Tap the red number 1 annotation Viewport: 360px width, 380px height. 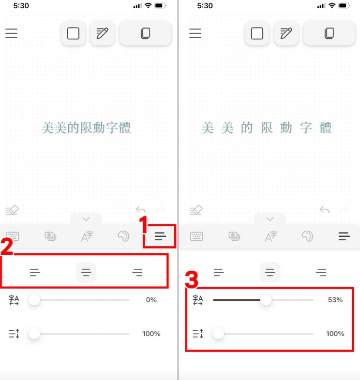point(144,224)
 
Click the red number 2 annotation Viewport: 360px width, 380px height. point(7,247)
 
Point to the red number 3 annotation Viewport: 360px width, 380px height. point(192,280)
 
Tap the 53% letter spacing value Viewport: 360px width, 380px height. point(335,300)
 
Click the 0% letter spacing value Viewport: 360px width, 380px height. point(151,300)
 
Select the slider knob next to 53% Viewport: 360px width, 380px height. point(266,300)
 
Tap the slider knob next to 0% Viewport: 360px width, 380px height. point(34,300)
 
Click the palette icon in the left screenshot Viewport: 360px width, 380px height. point(123,236)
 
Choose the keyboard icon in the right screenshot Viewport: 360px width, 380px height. point(196,236)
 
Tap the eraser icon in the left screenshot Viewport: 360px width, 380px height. point(12,210)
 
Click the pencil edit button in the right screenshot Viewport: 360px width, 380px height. point(286,33)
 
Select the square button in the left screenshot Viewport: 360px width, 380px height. point(73,33)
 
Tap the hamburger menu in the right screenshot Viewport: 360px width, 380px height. point(195,33)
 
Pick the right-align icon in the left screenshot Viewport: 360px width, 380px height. point(137,272)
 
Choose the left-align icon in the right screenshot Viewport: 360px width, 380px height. point(219,272)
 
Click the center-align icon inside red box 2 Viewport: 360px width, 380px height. point(86,272)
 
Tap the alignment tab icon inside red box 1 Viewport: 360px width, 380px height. point(160,236)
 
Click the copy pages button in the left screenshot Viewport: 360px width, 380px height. point(145,33)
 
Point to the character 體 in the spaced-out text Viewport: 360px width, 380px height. point(325,128)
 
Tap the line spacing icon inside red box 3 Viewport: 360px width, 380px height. point(198,334)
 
